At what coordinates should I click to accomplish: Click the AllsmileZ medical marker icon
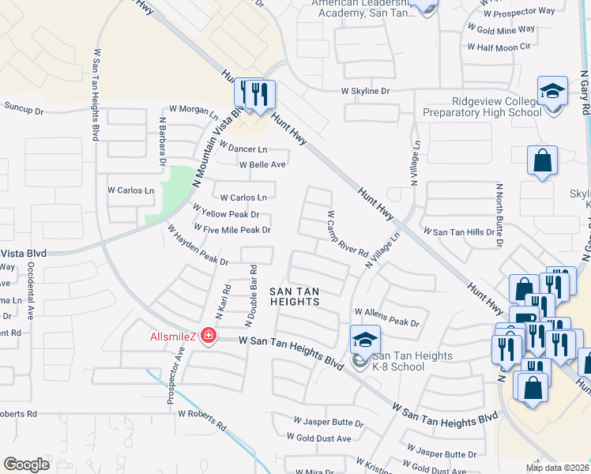[209, 337]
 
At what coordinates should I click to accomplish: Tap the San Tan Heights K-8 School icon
[365, 340]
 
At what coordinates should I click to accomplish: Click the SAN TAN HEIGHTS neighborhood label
[295, 296]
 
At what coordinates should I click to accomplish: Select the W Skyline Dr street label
[366, 92]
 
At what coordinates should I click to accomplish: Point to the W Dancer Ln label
[243, 149]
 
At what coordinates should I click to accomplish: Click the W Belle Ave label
[263, 164]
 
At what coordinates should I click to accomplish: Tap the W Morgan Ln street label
[193, 111]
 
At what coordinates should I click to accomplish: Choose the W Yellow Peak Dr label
[226, 214]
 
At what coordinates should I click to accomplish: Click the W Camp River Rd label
[348, 235]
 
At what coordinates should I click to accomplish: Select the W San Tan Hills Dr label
[460, 232]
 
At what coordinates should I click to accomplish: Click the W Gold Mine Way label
[501, 29]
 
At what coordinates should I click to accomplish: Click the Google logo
[26, 465]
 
